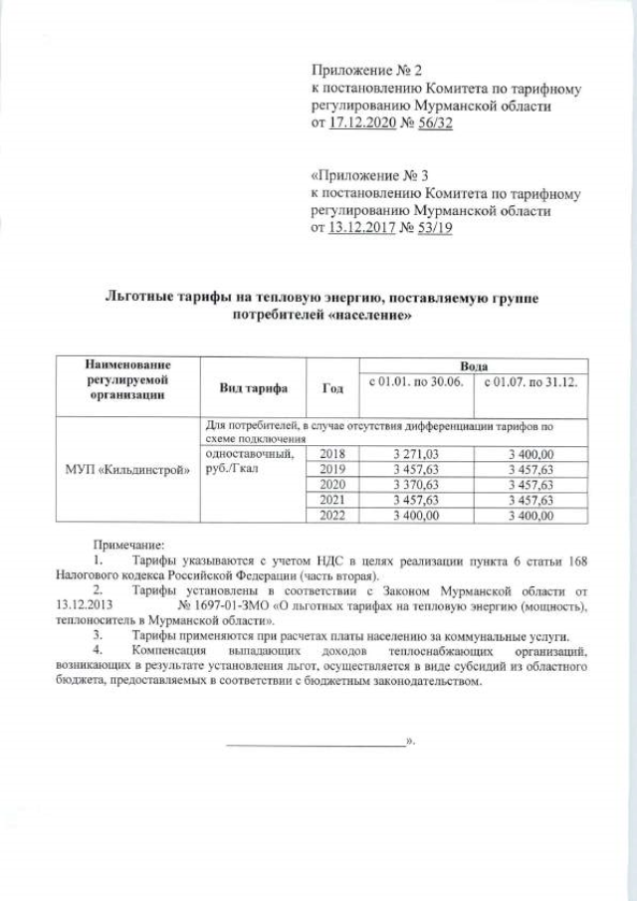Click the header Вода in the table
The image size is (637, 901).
472,366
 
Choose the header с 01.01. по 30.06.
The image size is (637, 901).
416,381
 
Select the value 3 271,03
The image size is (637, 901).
416,454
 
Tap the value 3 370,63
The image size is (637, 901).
416,484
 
